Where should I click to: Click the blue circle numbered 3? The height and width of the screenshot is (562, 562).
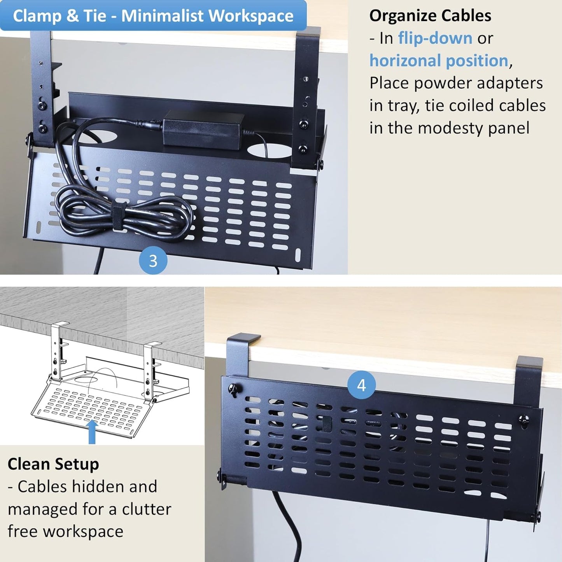pyautogui.click(x=153, y=261)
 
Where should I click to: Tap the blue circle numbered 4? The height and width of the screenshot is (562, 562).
pyautogui.click(x=361, y=385)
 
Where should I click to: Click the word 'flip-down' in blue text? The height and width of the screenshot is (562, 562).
pyautogui.click(x=435, y=38)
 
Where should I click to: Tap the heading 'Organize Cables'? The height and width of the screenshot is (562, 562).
pyautogui.click(x=430, y=16)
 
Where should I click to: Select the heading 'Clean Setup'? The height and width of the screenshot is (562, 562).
pyautogui.click(x=53, y=464)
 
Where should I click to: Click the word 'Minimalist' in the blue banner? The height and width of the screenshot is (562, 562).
pyautogui.click(x=162, y=16)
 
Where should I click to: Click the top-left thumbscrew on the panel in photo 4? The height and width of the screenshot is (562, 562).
pyautogui.click(x=235, y=389)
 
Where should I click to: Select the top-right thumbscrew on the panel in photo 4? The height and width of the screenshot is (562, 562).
pyautogui.click(x=524, y=419)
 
